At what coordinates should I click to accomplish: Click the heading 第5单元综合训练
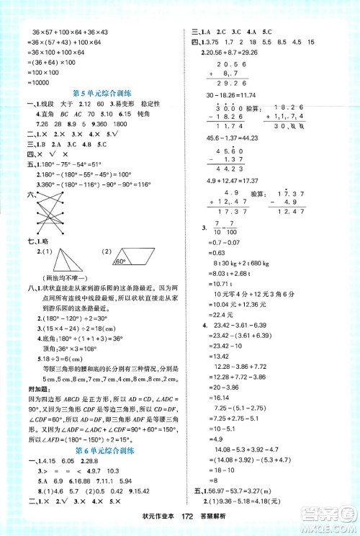(102, 93)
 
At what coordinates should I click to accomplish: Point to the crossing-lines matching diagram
(58, 215)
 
